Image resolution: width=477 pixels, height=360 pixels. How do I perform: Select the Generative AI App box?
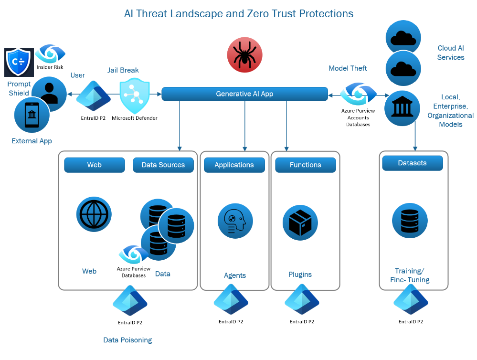pos(244,94)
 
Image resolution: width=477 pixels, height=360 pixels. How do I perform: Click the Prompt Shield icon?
pos(19,62)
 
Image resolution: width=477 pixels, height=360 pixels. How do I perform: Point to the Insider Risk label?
pos(50,67)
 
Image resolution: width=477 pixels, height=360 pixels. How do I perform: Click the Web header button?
pos(95,165)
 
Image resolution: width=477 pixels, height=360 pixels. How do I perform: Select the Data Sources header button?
pos(163,165)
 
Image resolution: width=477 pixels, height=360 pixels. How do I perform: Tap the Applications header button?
pos(234,165)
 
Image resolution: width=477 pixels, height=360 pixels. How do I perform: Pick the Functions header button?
pos(306,165)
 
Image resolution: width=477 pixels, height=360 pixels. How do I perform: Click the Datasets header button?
pos(413,163)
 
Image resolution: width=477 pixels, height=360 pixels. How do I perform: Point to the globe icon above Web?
pos(94,214)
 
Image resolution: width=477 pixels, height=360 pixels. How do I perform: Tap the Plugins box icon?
pos(300,222)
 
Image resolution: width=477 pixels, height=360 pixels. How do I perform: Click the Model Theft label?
pos(348,68)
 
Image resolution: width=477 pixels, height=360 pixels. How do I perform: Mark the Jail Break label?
pos(123,70)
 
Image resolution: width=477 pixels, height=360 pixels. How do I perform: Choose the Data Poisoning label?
pos(127,340)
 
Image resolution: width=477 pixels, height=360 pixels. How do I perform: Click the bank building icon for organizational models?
pos(402,108)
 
